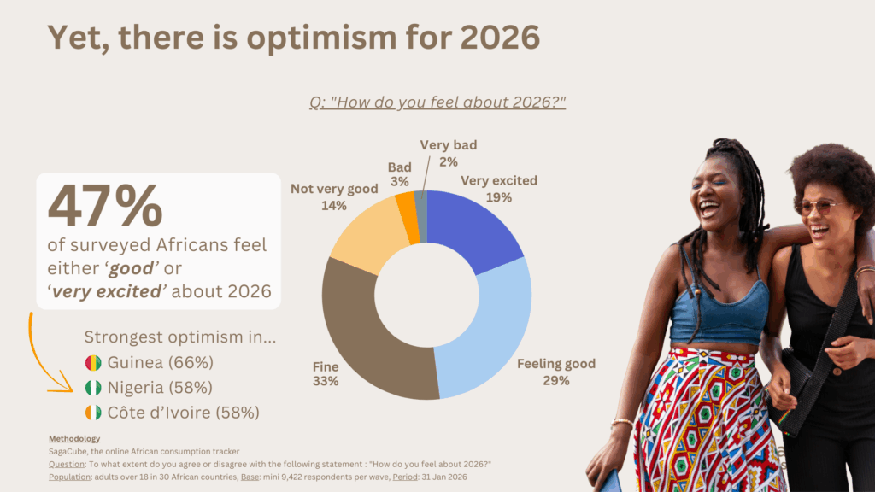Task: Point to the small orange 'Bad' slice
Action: pos(407,207)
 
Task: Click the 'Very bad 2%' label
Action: pos(448,153)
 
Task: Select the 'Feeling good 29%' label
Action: pos(556,372)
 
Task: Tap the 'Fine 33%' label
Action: pos(325,372)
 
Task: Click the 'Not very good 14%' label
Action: pos(333,197)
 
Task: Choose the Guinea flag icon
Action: pos(93,362)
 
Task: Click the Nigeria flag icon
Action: pos(93,388)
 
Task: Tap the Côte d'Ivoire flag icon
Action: pos(93,413)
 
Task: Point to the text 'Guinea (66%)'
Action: pos(160,362)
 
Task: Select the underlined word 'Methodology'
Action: pos(75,439)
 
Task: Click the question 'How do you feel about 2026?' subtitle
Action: pos(437,103)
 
